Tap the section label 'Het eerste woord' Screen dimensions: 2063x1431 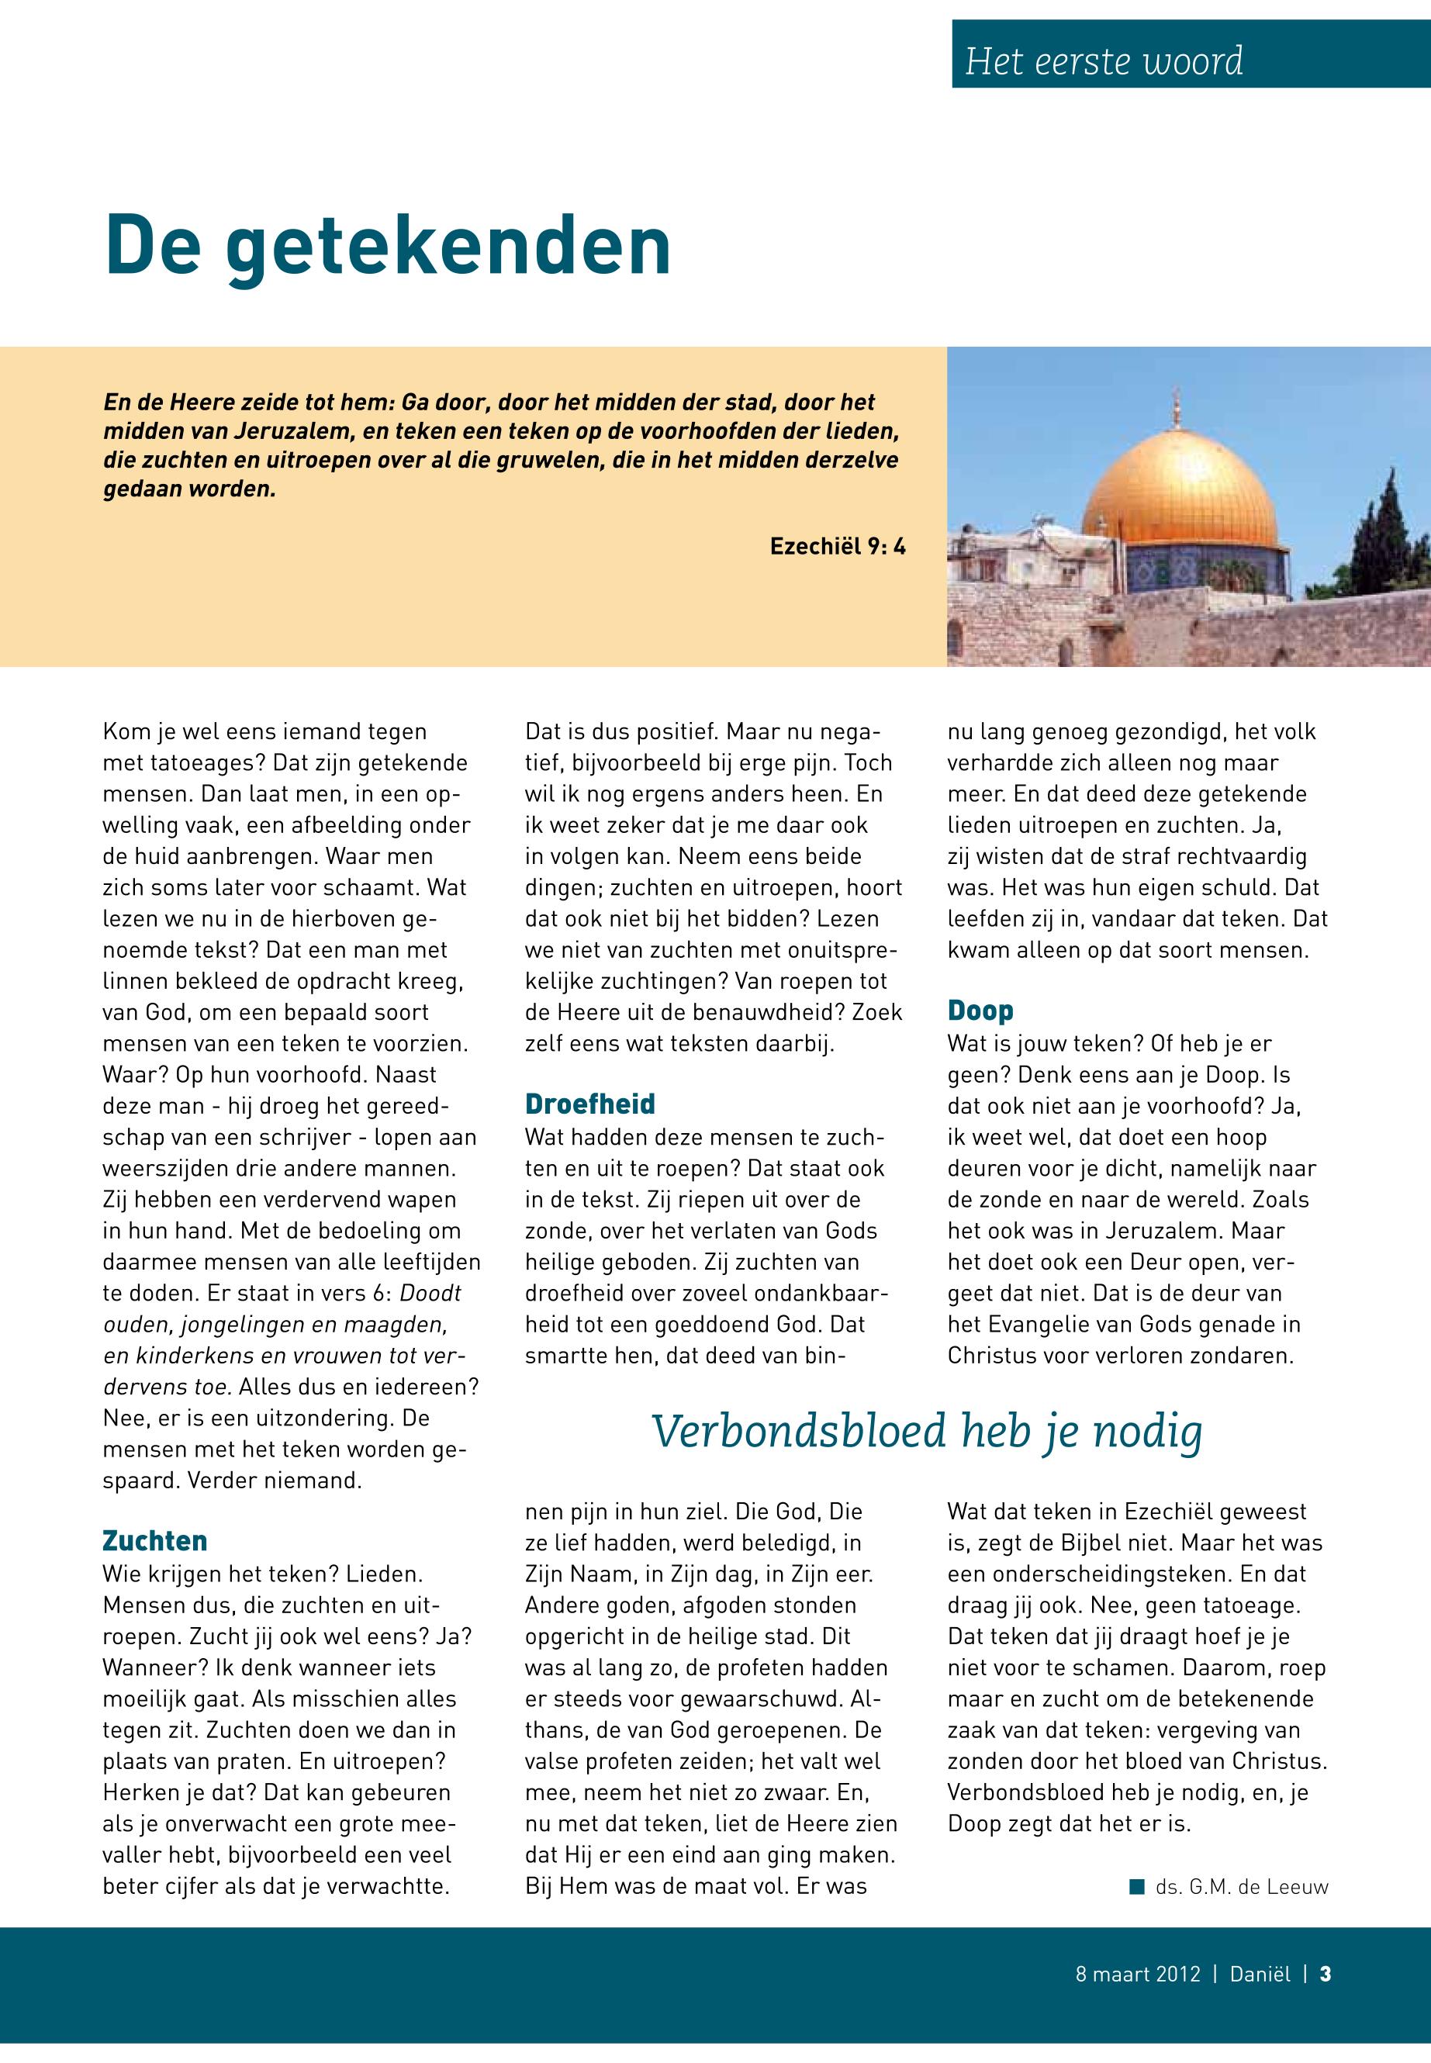click(1104, 61)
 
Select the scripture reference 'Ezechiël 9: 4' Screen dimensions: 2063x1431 click(838, 546)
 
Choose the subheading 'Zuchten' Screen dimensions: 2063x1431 click(155, 1540)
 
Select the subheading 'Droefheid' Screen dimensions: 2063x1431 click(590, 1104)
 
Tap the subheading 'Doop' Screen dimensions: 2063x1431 click(980, 1011)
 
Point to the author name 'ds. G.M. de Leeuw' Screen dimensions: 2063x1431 click(1242, 1887)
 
